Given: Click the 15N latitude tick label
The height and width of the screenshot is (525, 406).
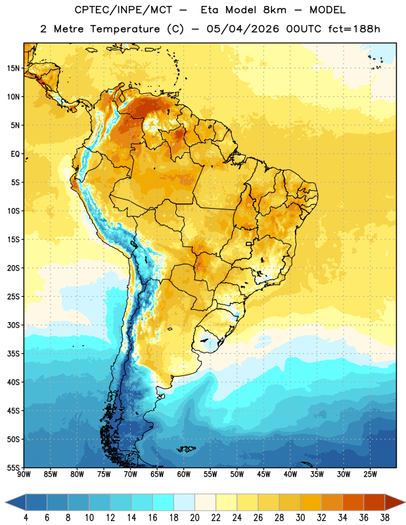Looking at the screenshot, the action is pos(13,68).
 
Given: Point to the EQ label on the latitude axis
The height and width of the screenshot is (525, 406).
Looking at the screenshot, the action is pos(15,154).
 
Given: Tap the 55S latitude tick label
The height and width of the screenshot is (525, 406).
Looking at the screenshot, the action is pos(13,467).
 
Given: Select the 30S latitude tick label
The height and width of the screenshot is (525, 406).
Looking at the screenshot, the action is pos(13,325).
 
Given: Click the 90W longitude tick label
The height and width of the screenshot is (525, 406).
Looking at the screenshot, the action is pos(24,474).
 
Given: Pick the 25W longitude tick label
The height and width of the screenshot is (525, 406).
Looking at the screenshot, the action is pos(370,474).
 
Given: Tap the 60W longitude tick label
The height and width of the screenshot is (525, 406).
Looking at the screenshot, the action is pos(184,474).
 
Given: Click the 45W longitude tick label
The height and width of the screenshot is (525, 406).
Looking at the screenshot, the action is pos(263,474).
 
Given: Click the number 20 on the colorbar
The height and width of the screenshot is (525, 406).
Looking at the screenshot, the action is pos(194,518).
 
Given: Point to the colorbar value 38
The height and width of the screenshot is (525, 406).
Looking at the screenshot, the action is pos(385,518).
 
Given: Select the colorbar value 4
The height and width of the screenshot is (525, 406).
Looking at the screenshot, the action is pos(26,518).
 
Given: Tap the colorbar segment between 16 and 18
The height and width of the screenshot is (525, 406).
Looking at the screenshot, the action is pos(163,502).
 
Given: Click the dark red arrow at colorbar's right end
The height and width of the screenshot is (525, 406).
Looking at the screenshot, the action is pos(395,502).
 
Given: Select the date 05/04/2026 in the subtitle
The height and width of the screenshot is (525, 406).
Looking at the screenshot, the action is pos(242,29).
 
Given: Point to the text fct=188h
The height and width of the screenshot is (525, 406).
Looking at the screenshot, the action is pos(354,29).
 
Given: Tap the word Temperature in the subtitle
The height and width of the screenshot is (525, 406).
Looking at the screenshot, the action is pos(125,29).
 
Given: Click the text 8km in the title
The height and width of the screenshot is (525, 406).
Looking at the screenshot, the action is pos(275,10).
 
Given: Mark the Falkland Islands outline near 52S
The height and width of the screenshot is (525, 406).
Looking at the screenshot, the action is pos(186,449).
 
